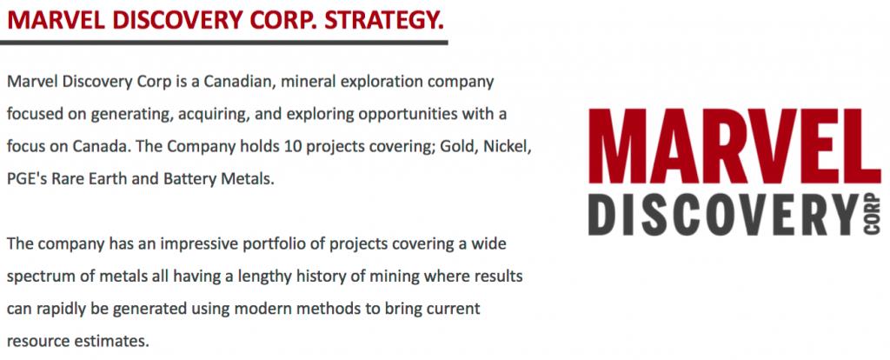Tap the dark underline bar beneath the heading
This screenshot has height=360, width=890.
[223, 42]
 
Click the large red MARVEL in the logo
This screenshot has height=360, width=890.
[734, 145]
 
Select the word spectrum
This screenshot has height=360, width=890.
[40, 277]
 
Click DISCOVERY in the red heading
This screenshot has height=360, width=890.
[176, 21]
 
